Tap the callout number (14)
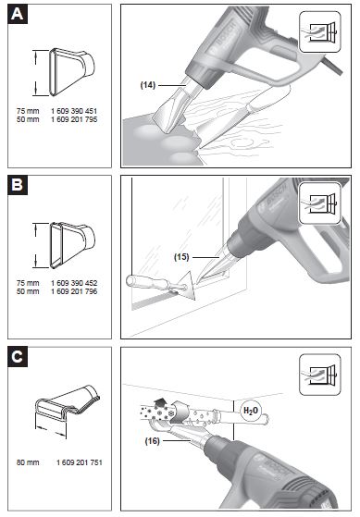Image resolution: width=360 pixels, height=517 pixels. click(x=148, y=84)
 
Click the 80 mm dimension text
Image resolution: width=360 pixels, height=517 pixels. click(x=27, y=460)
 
